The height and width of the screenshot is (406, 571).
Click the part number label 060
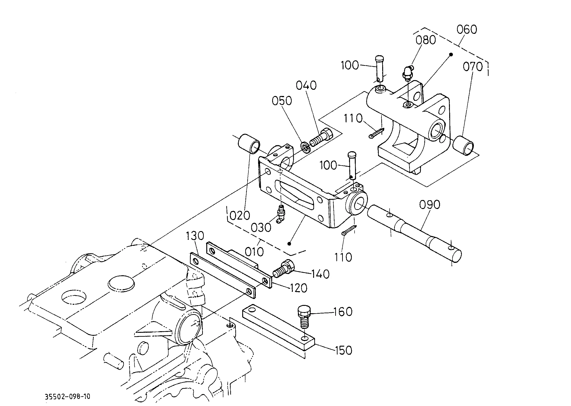click(x=467, y=29)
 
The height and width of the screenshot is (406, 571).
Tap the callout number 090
click(x=429, y=205)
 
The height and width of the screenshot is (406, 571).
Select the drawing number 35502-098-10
click(x=67, y=397)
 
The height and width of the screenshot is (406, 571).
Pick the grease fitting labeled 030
click(x=280, y=214)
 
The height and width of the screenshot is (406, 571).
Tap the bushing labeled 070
click(x=463, y=146)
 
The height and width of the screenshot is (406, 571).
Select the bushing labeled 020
click(x=249, y=143)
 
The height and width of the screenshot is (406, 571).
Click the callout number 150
click(x=343, y=350)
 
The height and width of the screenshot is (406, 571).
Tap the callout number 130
click(x=195, y=236)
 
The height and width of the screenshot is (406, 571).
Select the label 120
click(x=298, y=288)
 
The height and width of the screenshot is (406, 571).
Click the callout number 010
click(x=254, y=252)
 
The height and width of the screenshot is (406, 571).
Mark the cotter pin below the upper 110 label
click(x=376, y=133)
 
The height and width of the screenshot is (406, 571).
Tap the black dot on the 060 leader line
click(x=451, y=54)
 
